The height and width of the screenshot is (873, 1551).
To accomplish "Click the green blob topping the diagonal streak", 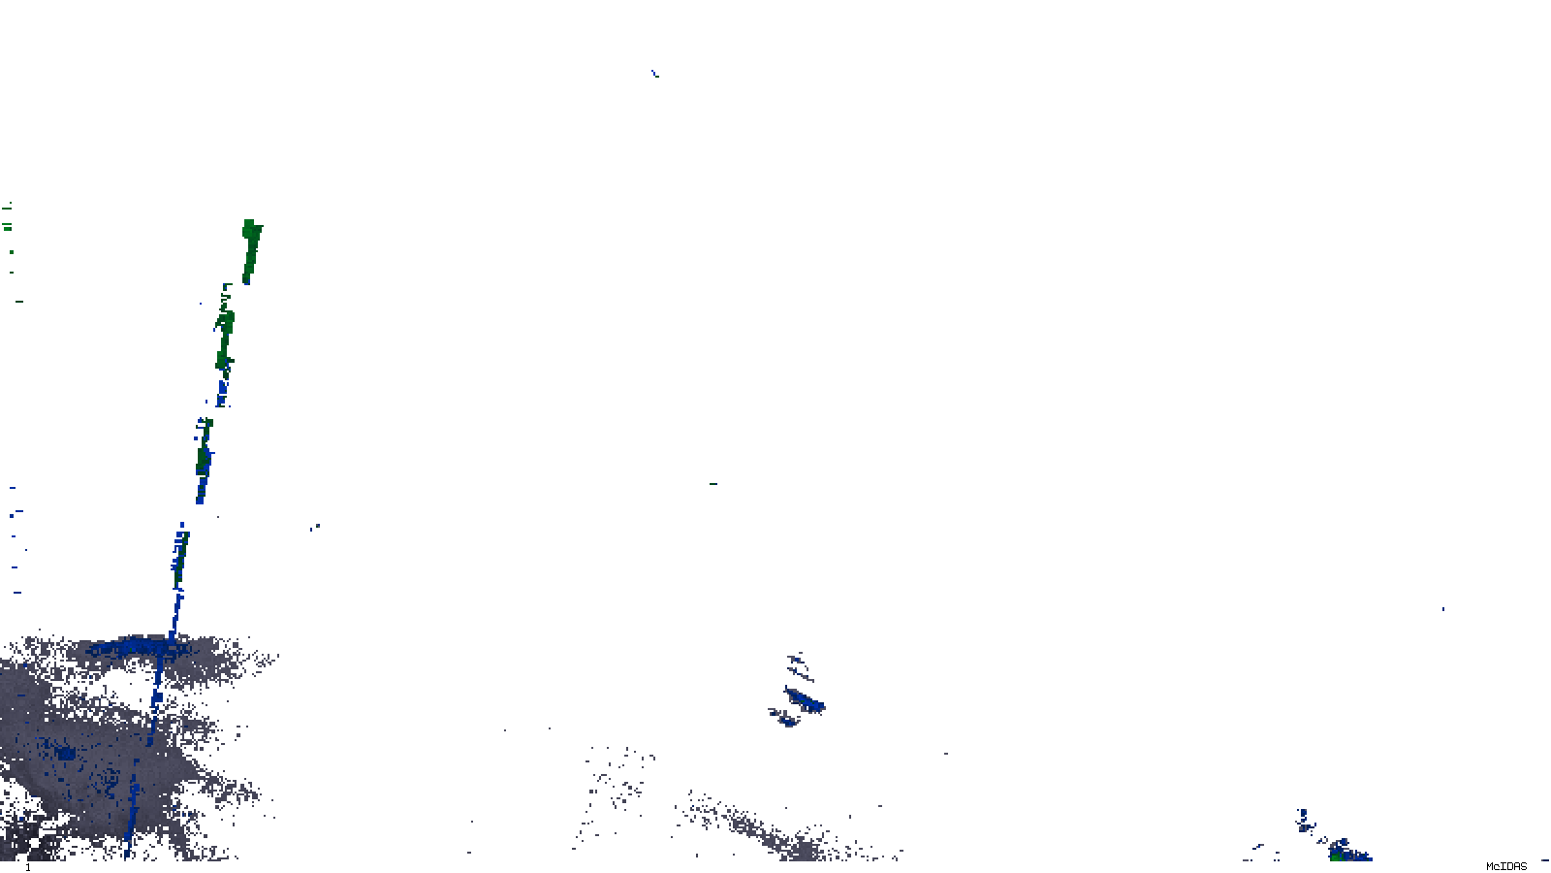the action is [251, 247].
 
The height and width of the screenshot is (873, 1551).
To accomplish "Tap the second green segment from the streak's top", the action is [225, 330].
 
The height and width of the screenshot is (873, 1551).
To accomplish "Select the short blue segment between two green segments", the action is [222, 391].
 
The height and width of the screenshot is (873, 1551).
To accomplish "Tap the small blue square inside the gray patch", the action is [65, 753].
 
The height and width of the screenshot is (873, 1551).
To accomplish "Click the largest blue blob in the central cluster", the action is [805, 699].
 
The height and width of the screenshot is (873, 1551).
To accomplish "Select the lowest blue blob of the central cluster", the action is [786, 720].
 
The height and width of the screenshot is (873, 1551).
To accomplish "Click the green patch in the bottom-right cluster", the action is [1339, 854].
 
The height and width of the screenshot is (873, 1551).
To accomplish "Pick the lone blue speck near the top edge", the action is [655, 72].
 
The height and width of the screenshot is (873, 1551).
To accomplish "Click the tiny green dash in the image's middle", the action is [713, 483].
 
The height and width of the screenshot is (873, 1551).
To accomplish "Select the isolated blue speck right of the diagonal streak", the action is [315, 528].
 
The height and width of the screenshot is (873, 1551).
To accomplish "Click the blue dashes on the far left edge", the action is [15, 538].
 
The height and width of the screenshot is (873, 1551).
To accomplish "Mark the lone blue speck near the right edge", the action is [1442, 609].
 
